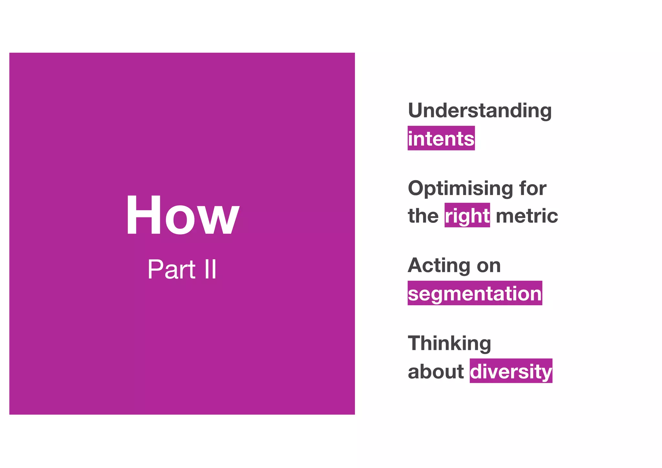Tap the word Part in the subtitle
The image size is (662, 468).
[171, 269]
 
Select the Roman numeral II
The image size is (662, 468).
[210, 269]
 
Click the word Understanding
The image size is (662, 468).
[480, 111]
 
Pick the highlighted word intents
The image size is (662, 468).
[441, 139]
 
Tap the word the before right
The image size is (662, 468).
[423, 216]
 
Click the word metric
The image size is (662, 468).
[527, 216]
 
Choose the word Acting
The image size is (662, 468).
[438, 266]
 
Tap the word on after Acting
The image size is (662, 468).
[489, 266]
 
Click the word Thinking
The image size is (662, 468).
[449, 343]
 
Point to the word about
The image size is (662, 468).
[436, 371]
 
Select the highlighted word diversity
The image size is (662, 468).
[511, 371]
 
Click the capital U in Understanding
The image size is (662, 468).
[417, 111]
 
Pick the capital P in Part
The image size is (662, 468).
[155, 269]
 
